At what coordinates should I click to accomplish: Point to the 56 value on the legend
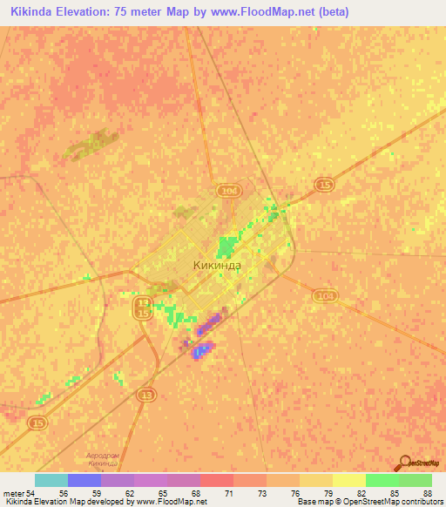point(64,493)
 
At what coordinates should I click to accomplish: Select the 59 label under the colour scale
point(97,493)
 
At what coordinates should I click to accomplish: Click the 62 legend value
point(130,493)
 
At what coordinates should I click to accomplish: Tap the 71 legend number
point(230,493)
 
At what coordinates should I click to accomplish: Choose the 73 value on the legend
point(263,493)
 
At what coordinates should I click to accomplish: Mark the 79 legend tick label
point(329,493)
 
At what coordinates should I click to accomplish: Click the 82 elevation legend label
point(362,493)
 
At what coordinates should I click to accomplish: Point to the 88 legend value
point(429,493)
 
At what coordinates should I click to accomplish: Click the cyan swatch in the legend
point(51,480)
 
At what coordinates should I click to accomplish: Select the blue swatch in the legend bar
point(84,480)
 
